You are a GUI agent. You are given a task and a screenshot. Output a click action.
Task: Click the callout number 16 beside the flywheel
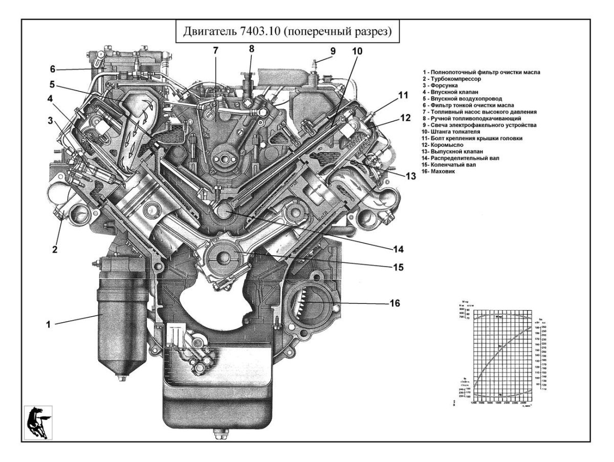click(x=394, y=303)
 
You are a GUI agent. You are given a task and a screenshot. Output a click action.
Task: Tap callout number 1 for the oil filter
click(x=48, y=324)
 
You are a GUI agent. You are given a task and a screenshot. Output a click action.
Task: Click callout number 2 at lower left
click(x=55, y=250)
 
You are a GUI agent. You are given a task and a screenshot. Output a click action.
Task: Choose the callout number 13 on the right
click(x=410, y=176)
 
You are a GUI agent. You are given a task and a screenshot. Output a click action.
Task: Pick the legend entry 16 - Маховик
click(x=440, y=172)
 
